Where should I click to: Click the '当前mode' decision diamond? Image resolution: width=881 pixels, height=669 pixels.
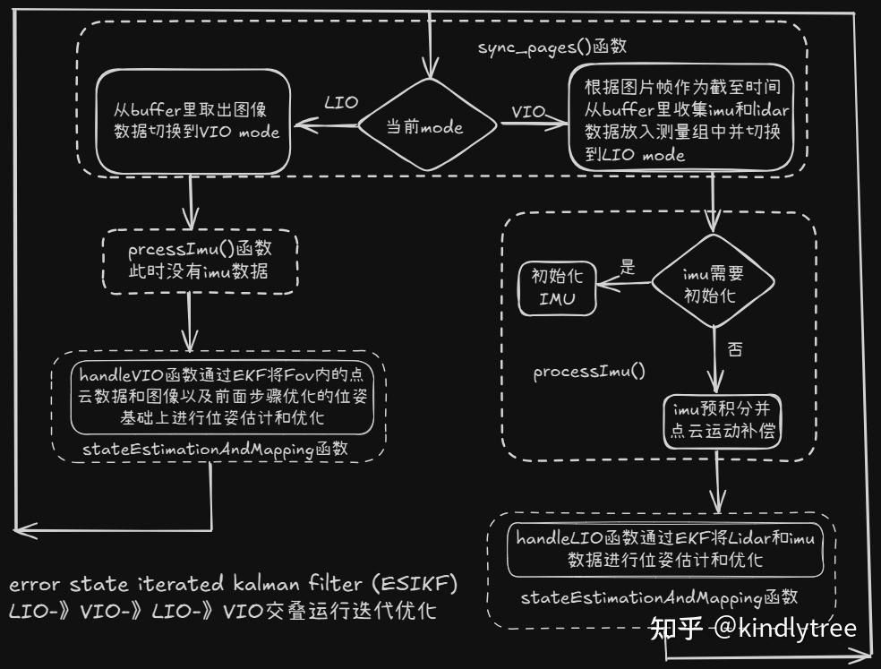pyautogui.click(x=425, y=127)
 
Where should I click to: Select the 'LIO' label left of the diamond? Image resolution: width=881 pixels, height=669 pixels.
pyautogui.click(x=340, y=103)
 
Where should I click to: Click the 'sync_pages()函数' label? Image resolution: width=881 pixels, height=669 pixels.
pyautogui.click(x=536, y=47)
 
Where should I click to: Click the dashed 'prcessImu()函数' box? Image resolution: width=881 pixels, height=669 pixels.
pyautogui.click(x=199, y=261)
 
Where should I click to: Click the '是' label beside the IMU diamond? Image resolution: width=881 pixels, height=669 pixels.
pyautogui.click(x=627, y=266)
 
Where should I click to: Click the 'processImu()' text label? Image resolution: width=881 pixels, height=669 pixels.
pyautogui.click(x=589, y=371)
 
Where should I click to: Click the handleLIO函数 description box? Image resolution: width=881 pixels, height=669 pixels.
pyautogui.click(x=665, y=548)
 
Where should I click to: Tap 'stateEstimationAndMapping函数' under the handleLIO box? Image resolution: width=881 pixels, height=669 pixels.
pyautogui.click(x=659, y=596)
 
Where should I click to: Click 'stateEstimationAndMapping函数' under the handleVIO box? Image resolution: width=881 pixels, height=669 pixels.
pyautogui.click(x=215, y=449)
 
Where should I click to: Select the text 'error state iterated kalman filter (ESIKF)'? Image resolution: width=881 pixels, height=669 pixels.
pyautogui.click(x=234, y=584)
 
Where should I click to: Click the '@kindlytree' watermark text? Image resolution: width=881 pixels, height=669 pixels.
pyautogui.click(x=786, y=628)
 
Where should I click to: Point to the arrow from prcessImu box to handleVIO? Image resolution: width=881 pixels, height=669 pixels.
pyautogui.click(x=190, y=322)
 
